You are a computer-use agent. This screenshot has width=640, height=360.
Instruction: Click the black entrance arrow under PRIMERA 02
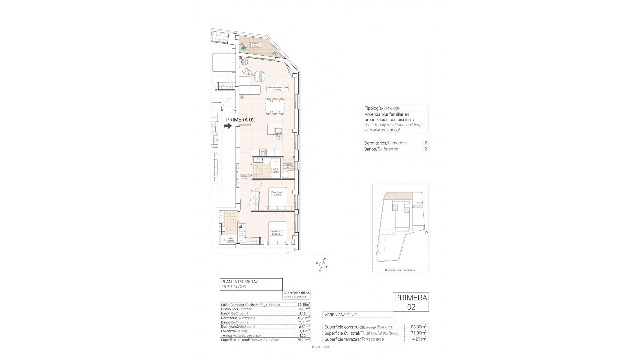point(228,126)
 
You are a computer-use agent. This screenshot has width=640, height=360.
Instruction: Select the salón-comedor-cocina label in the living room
point(277,88)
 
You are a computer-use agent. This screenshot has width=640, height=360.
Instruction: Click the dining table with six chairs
point(275,106)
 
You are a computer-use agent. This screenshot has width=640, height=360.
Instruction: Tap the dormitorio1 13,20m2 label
point(276,233)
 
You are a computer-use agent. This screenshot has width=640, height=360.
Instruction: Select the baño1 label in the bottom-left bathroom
point(230,239)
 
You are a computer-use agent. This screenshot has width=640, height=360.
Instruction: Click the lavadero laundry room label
point(288,166)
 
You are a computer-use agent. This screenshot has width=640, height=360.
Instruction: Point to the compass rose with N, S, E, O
point(322,265)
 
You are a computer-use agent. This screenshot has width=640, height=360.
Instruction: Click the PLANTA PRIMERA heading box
point(251,284)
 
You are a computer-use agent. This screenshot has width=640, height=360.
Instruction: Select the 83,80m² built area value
point(417,327)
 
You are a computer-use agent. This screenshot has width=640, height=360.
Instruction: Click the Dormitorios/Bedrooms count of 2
point(425,143)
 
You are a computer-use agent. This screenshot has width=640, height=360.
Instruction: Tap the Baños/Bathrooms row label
point(381,149)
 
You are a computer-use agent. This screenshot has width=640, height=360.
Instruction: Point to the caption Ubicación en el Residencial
point(400,270)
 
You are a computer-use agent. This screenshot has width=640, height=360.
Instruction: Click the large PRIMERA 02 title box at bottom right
point(411,302)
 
